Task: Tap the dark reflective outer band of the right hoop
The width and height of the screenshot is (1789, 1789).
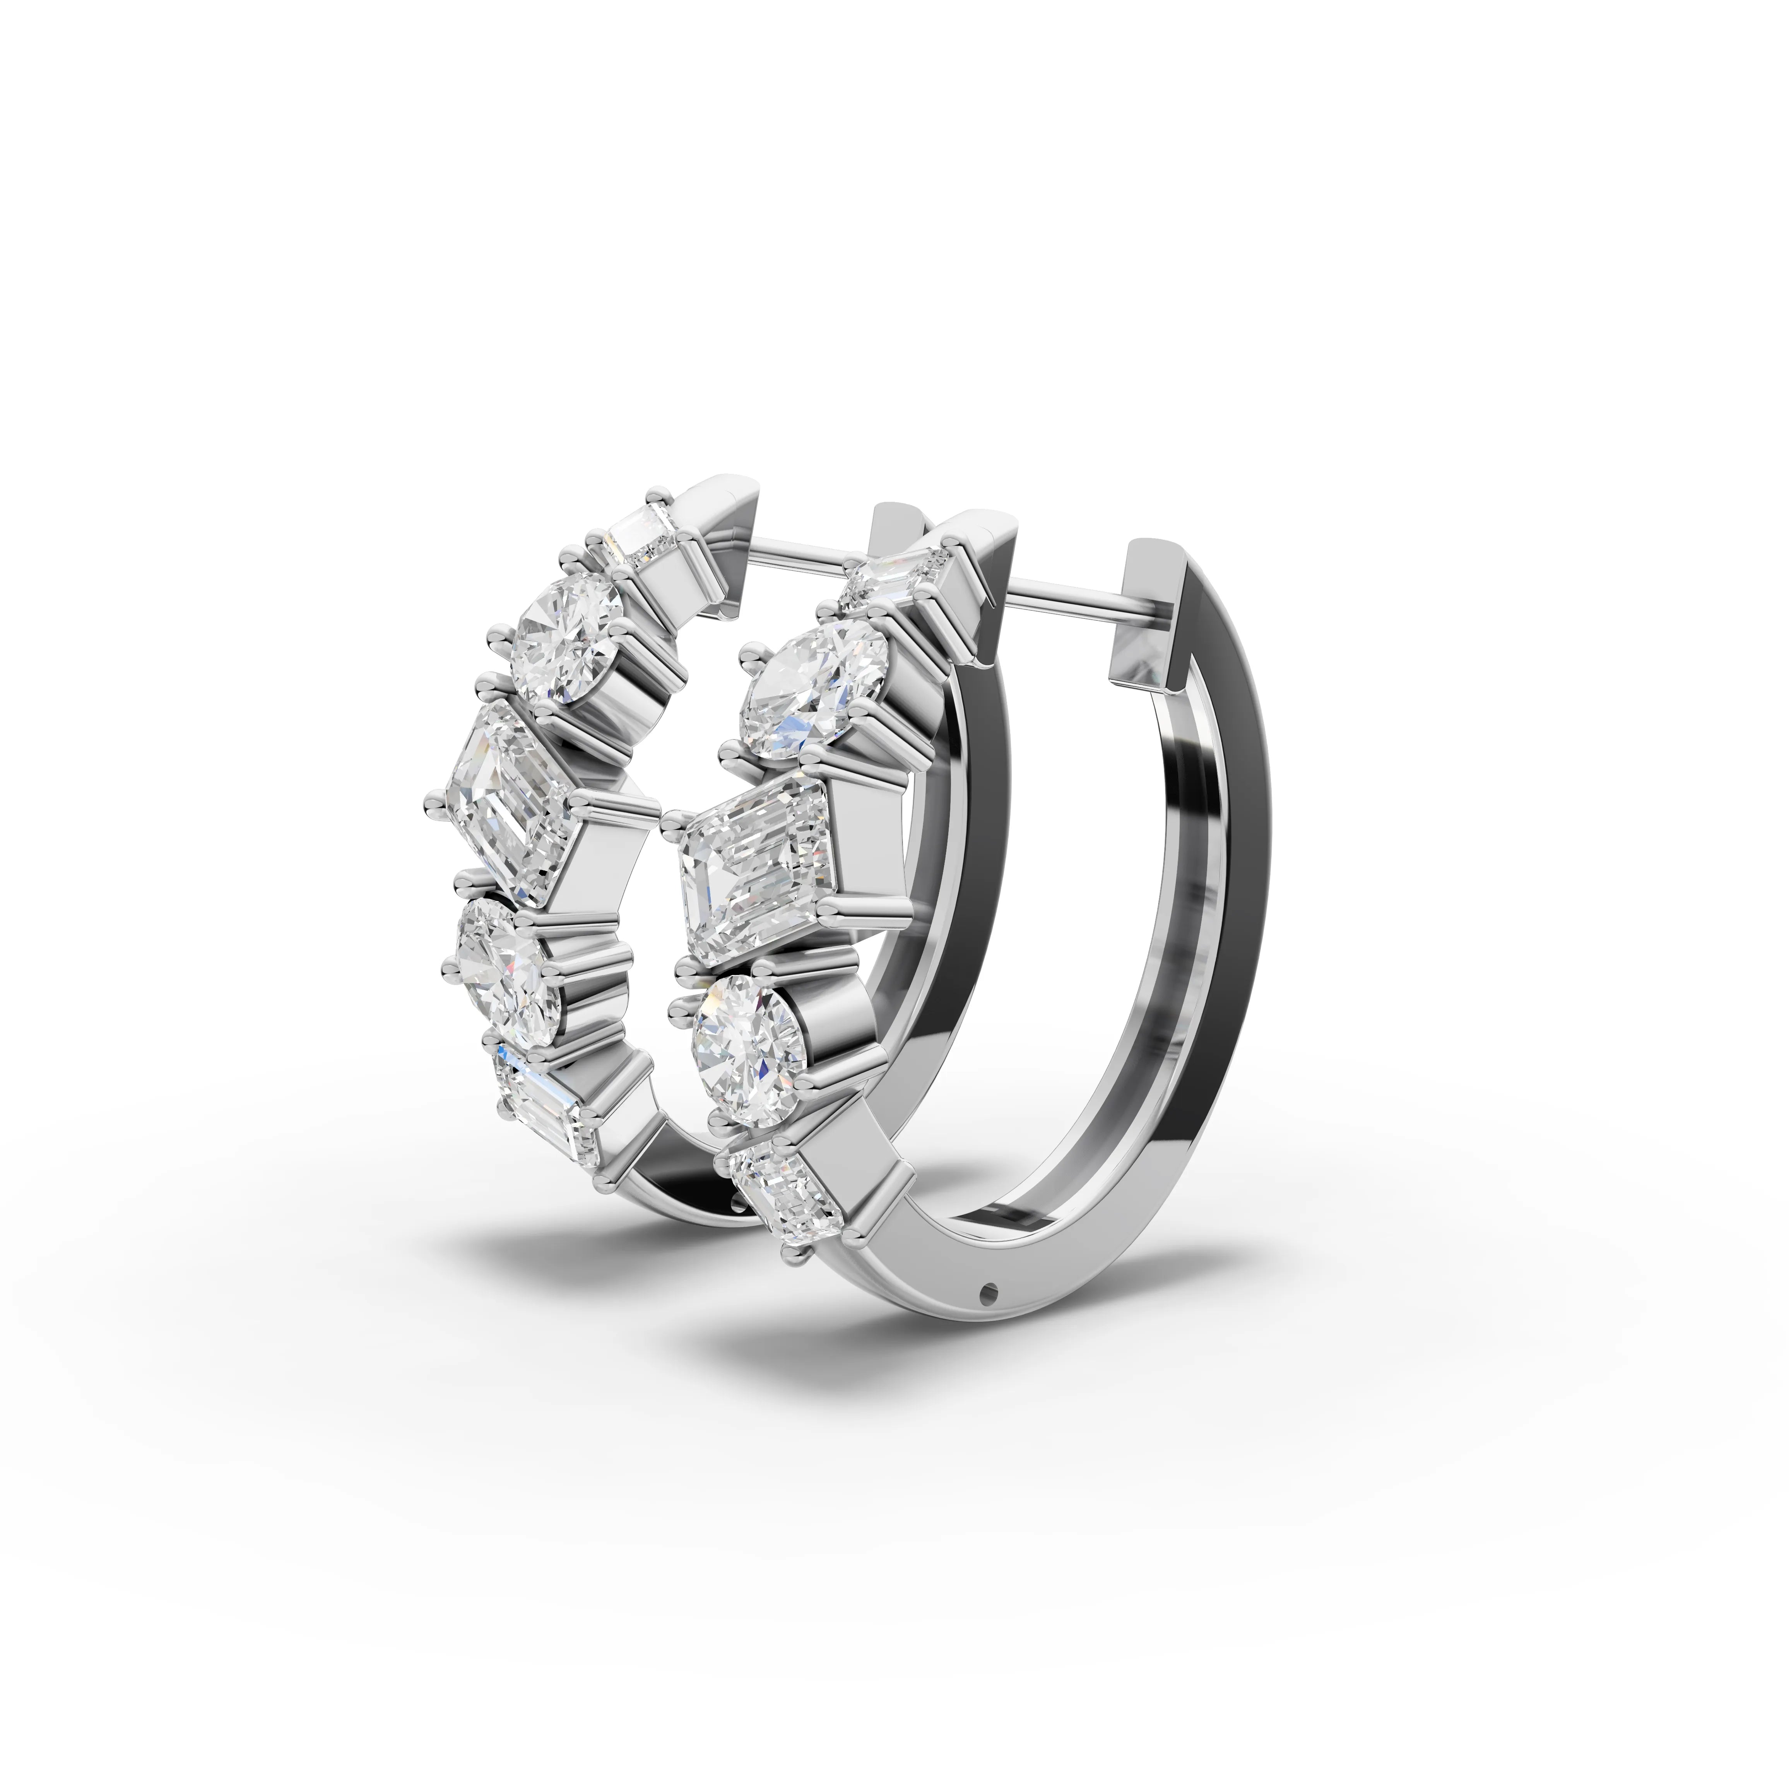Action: pos(1231,833)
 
